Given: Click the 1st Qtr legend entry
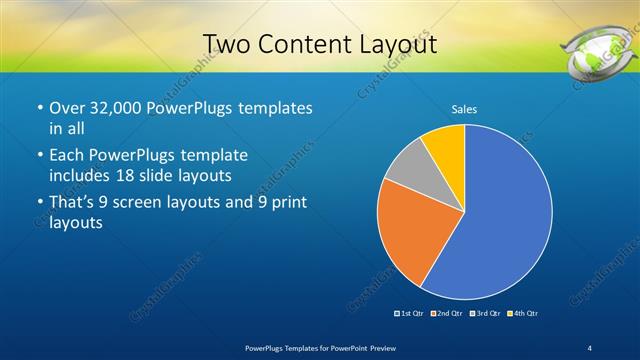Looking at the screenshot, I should [410, 314].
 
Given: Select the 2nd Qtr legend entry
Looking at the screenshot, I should [446, 314].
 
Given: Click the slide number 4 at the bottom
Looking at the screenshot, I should [590, 347].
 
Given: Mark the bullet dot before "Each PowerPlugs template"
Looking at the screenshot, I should [39, 156].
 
